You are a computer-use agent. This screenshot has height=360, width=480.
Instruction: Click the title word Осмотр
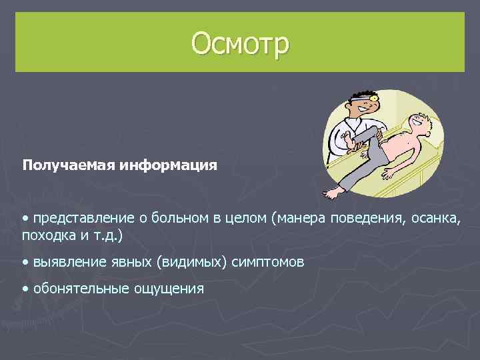tap(240, 43)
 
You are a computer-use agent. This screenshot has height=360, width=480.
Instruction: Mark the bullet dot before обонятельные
tap(25, 289)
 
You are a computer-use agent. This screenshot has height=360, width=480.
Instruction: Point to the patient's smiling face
tap(418, 122)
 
